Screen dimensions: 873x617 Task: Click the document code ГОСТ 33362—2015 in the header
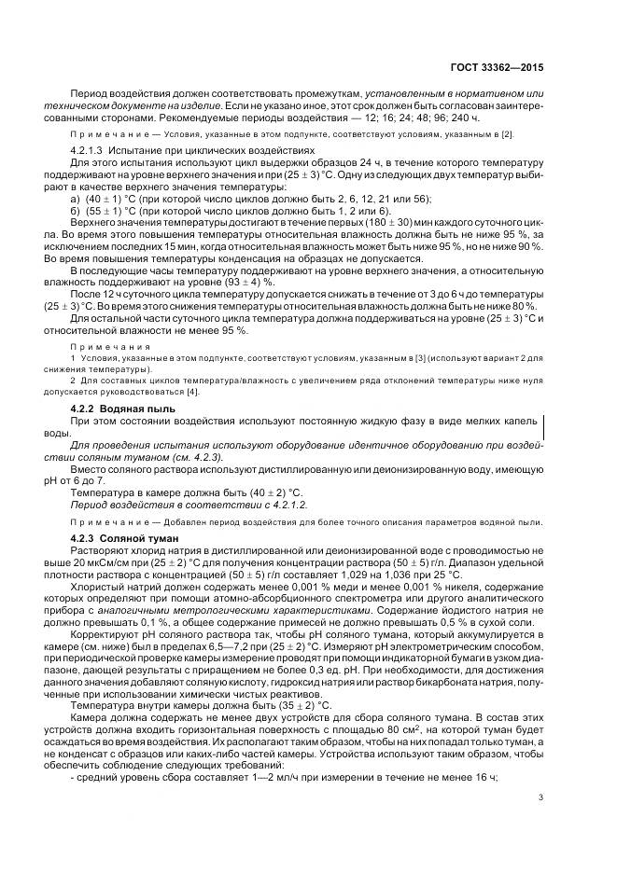503,68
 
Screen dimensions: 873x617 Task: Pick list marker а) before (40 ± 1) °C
77,198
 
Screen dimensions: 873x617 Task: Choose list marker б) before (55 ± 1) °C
77,211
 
